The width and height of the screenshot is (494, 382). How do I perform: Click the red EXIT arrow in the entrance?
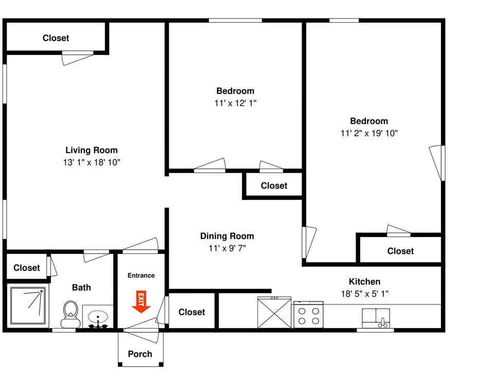[141, 302]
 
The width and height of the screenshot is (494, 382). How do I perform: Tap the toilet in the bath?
[70, 314]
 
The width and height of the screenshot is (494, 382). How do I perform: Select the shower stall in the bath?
[28, 306]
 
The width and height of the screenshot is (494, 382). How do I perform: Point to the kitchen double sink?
[376, 318]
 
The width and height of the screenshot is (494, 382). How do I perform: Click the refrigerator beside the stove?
[274, 313]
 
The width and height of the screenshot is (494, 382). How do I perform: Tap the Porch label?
[140, 354]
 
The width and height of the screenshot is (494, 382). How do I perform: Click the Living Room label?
[91, 150]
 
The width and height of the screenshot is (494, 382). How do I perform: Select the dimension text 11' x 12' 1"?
[235, 103]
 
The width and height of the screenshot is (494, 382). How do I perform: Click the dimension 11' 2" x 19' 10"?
[369, 133]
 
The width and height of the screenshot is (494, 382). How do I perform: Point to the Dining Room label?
[227, 236]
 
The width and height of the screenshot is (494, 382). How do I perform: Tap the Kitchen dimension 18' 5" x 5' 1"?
[365, 294]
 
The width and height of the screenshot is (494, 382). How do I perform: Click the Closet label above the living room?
[56, 38]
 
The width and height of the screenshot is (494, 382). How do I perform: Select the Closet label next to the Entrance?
[191, 312]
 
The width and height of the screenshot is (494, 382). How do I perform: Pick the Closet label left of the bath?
[27, 268]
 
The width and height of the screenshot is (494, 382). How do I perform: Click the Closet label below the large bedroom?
[400, 251]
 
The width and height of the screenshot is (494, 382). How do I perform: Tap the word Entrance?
[141, 276]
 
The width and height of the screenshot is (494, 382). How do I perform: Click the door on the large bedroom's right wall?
[437, 163]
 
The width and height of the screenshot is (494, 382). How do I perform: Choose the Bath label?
[81, 287]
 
